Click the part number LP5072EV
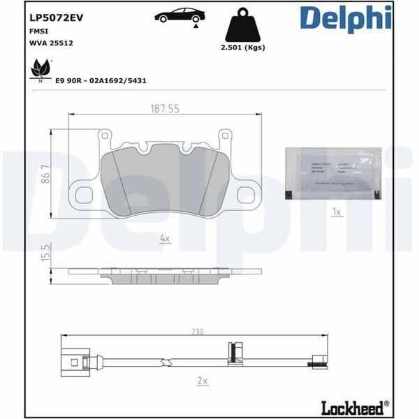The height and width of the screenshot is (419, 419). [x=57, y=18]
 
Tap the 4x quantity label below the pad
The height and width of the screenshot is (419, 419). [x=165, y=238]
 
